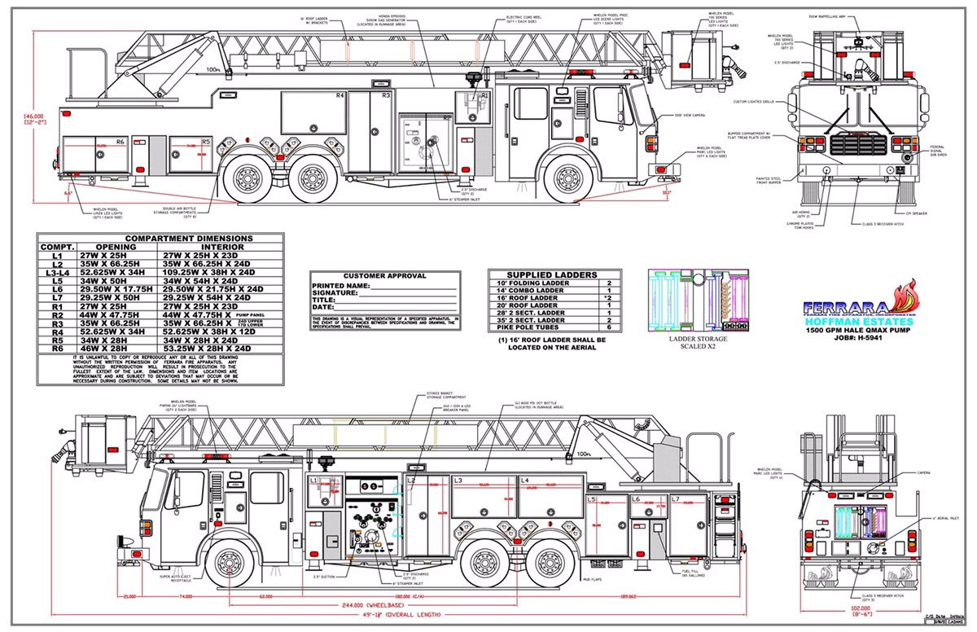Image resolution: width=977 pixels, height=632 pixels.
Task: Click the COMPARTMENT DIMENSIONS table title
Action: tap(160, 239)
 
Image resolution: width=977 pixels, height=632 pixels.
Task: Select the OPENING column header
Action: tap(116, 247)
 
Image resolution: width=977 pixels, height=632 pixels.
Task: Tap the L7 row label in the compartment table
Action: tap(57, 298)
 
